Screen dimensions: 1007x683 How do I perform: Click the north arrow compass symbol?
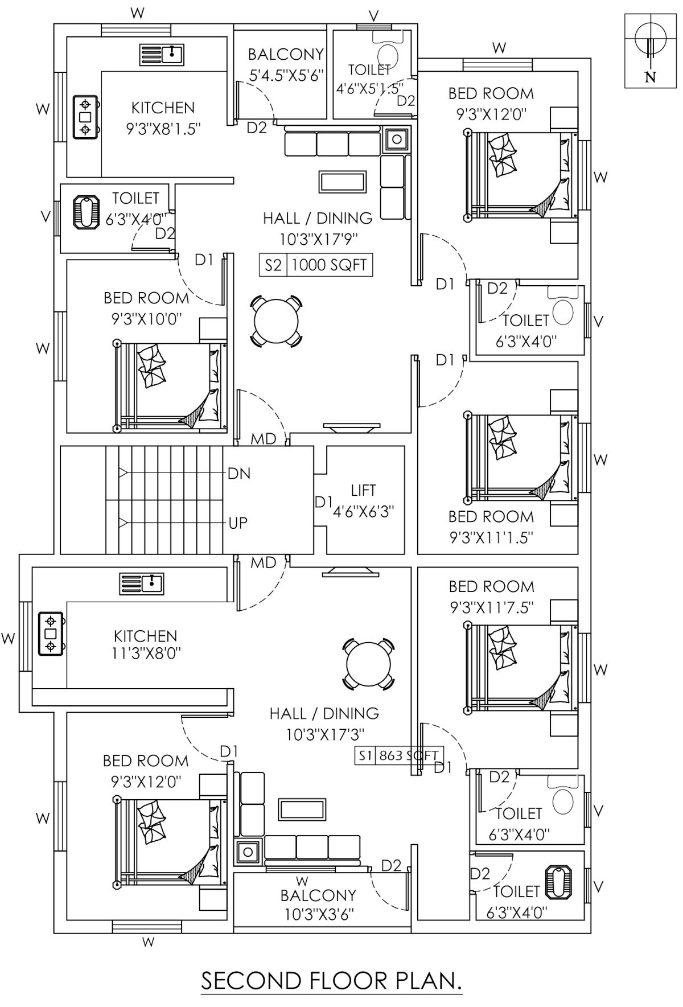point(650,46)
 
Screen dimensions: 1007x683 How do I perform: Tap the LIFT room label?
point(363,490)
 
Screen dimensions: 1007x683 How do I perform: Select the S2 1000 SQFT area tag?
point(316,265)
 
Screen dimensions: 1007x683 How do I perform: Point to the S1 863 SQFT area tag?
point(398,755)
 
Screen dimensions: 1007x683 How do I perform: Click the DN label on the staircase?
point(239,474)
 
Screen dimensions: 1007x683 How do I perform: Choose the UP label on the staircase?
point(238,523)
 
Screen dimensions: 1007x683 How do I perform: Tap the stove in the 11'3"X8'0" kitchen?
point(51,633)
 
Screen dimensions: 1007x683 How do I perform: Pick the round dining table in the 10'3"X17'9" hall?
point(275,320)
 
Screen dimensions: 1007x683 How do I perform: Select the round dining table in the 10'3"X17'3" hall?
point(368,664)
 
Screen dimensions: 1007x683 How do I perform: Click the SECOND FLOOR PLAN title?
point(331,980)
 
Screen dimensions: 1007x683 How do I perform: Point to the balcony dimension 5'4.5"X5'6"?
point(286,74)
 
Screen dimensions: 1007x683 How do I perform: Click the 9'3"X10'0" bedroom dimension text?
point(146,318)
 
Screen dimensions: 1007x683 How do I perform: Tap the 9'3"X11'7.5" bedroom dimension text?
point(491,607)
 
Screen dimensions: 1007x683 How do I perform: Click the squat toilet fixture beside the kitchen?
point(86,212)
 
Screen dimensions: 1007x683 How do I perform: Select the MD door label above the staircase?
point(264,439)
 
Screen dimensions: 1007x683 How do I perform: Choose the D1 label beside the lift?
point(323,502)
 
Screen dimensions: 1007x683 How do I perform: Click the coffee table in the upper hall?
point(342,182)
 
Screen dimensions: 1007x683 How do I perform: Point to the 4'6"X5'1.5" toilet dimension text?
point(369,88)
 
